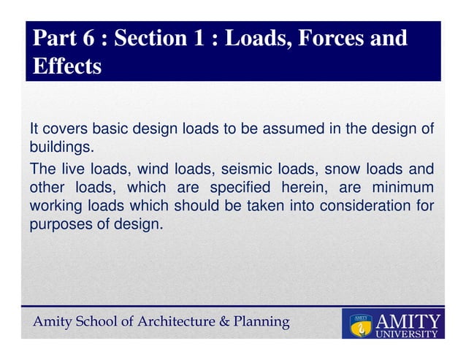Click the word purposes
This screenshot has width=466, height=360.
coord(60,225)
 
